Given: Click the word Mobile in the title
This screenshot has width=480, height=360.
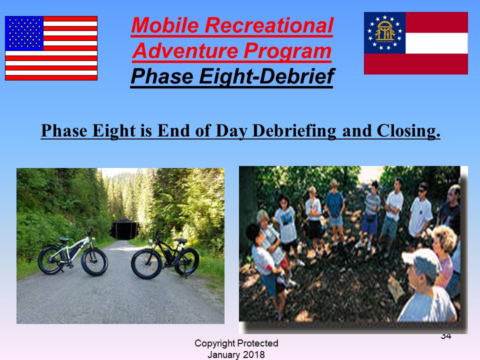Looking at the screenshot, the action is pos(165,25).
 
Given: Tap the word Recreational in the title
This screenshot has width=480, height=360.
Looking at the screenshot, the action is pos(269,25).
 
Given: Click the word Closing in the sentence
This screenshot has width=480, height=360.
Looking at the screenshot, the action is pos(408,131).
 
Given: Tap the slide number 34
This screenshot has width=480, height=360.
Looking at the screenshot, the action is pos(446,336).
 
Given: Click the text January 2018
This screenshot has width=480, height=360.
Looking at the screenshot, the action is pos(236,354).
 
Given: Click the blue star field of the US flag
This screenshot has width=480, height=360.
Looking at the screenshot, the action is pos(24,33).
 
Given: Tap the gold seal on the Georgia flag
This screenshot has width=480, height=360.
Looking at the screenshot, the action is pos(385,31).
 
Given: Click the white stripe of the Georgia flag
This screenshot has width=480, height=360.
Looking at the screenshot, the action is pos(436,43).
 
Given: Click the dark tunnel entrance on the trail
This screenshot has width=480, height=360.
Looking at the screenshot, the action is pos(124,229).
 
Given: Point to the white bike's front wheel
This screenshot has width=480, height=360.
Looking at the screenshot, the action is pos(94,261).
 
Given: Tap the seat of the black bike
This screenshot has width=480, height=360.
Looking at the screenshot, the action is pos(181,240).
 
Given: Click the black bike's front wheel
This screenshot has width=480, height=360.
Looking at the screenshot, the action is pos(146,263).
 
